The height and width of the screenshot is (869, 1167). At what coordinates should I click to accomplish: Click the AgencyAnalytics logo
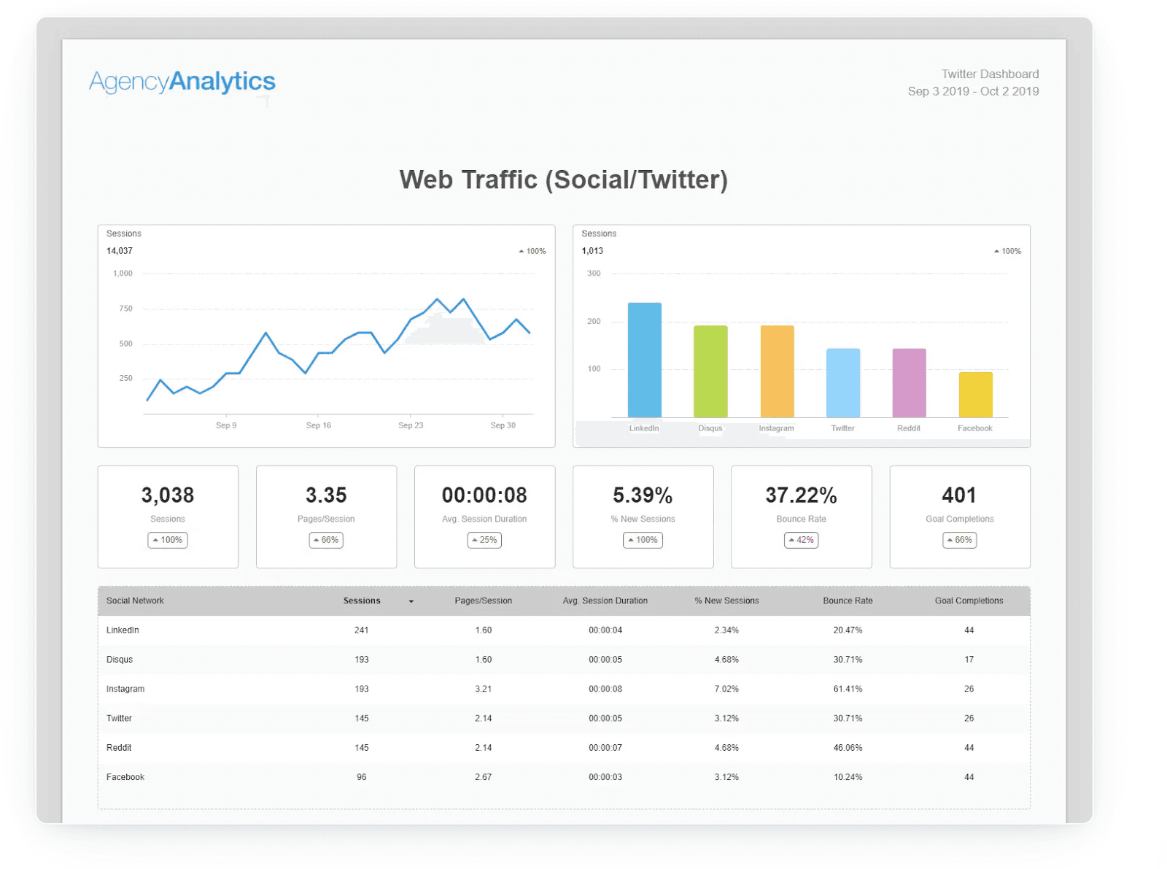click(182, 82)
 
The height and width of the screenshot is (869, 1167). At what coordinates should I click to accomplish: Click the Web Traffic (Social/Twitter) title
click(563, 179)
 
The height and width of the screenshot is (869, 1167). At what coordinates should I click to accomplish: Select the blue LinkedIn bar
click(644, 360)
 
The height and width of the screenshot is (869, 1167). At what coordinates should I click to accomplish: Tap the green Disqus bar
click(710, 371)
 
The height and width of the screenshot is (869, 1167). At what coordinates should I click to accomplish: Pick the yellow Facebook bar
click(975, 395)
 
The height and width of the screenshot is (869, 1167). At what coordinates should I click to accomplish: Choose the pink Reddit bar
click(909, 383)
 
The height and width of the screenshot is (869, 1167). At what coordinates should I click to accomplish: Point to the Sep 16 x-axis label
click(318, 425)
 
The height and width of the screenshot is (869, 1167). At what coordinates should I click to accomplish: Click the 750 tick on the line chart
click(125, 309)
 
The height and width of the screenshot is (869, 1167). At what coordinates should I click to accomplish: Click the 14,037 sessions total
click(120, 251)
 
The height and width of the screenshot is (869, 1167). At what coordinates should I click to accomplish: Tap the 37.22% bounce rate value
click(801, 495)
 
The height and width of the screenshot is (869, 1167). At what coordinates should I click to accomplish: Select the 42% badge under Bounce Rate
click(801, 540)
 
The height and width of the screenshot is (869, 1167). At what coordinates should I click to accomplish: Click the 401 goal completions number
click(959, 495)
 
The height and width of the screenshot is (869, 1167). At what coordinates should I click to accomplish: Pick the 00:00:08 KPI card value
click(484, 495)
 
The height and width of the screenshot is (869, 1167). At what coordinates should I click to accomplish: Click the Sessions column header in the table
click(362, 601)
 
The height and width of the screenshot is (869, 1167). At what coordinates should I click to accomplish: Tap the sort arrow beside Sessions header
click(411, 602)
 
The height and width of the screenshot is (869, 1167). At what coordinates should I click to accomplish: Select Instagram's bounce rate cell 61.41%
click(848, 689)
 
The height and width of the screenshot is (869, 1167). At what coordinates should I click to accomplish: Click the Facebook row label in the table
click(125, 777)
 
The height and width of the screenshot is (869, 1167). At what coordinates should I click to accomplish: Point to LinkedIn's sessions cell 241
click(362, 630)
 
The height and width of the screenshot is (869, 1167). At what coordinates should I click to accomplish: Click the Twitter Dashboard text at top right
click(990, 74)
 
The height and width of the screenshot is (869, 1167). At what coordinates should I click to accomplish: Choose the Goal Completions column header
click(969, 601)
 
